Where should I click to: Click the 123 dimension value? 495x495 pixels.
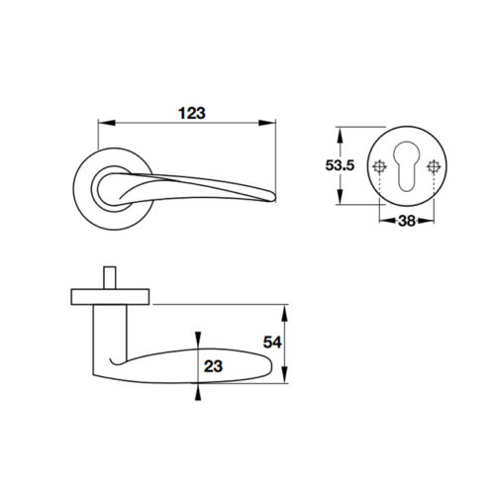[192, 113]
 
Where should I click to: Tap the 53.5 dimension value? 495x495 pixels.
[340, 165]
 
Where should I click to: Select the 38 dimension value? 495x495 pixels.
[407, 221]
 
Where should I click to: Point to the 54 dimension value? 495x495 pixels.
[272, 343]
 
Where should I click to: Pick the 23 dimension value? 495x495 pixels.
[213, 366]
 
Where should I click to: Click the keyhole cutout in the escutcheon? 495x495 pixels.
[407, 166]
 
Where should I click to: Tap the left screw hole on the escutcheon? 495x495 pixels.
[380, 166]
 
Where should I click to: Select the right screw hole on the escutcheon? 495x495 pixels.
[434, 166]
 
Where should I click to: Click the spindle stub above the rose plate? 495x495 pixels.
[110, 278]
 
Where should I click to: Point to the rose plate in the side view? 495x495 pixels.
[110, 297]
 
